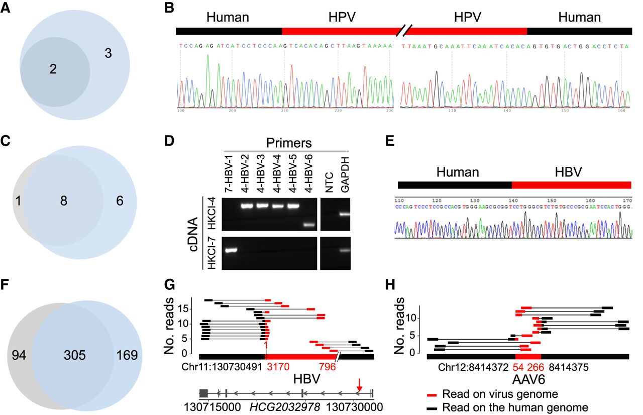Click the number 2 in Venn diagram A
click(53, 70)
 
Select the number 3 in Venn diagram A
click(108, 53)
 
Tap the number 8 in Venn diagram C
click(64, 201)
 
